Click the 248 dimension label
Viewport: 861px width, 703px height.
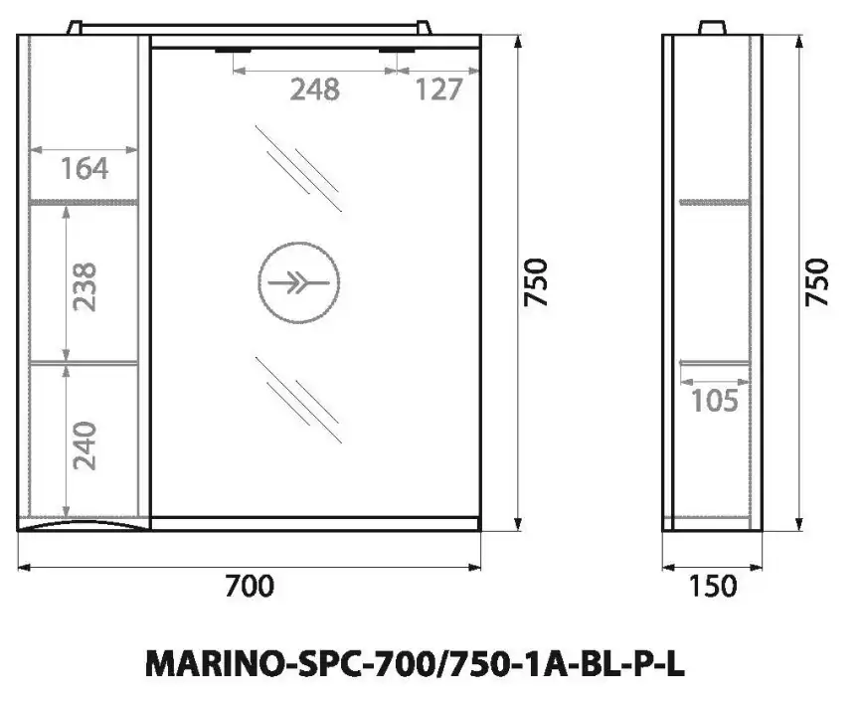[x=314, y=89]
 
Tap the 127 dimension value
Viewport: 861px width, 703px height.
[x=438, y=89]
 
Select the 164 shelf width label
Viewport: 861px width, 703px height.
[x=84, y=169]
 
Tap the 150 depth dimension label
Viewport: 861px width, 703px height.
[x=712, y=587]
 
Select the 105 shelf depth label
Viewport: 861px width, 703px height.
[x=714, y=401]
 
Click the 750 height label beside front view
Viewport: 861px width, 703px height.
[x=536, y=283]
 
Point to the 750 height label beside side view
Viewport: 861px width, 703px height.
[x=816, y=283]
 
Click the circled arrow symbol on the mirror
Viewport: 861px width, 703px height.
[x=298, y=283]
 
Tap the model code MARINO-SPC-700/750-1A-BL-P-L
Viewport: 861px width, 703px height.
[x=415, y=665]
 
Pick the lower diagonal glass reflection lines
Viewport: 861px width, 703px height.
[x=298, y=398]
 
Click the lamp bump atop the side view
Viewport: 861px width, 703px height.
[x=712, y=27]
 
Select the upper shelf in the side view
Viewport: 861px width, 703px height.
[x=714, y=202]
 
